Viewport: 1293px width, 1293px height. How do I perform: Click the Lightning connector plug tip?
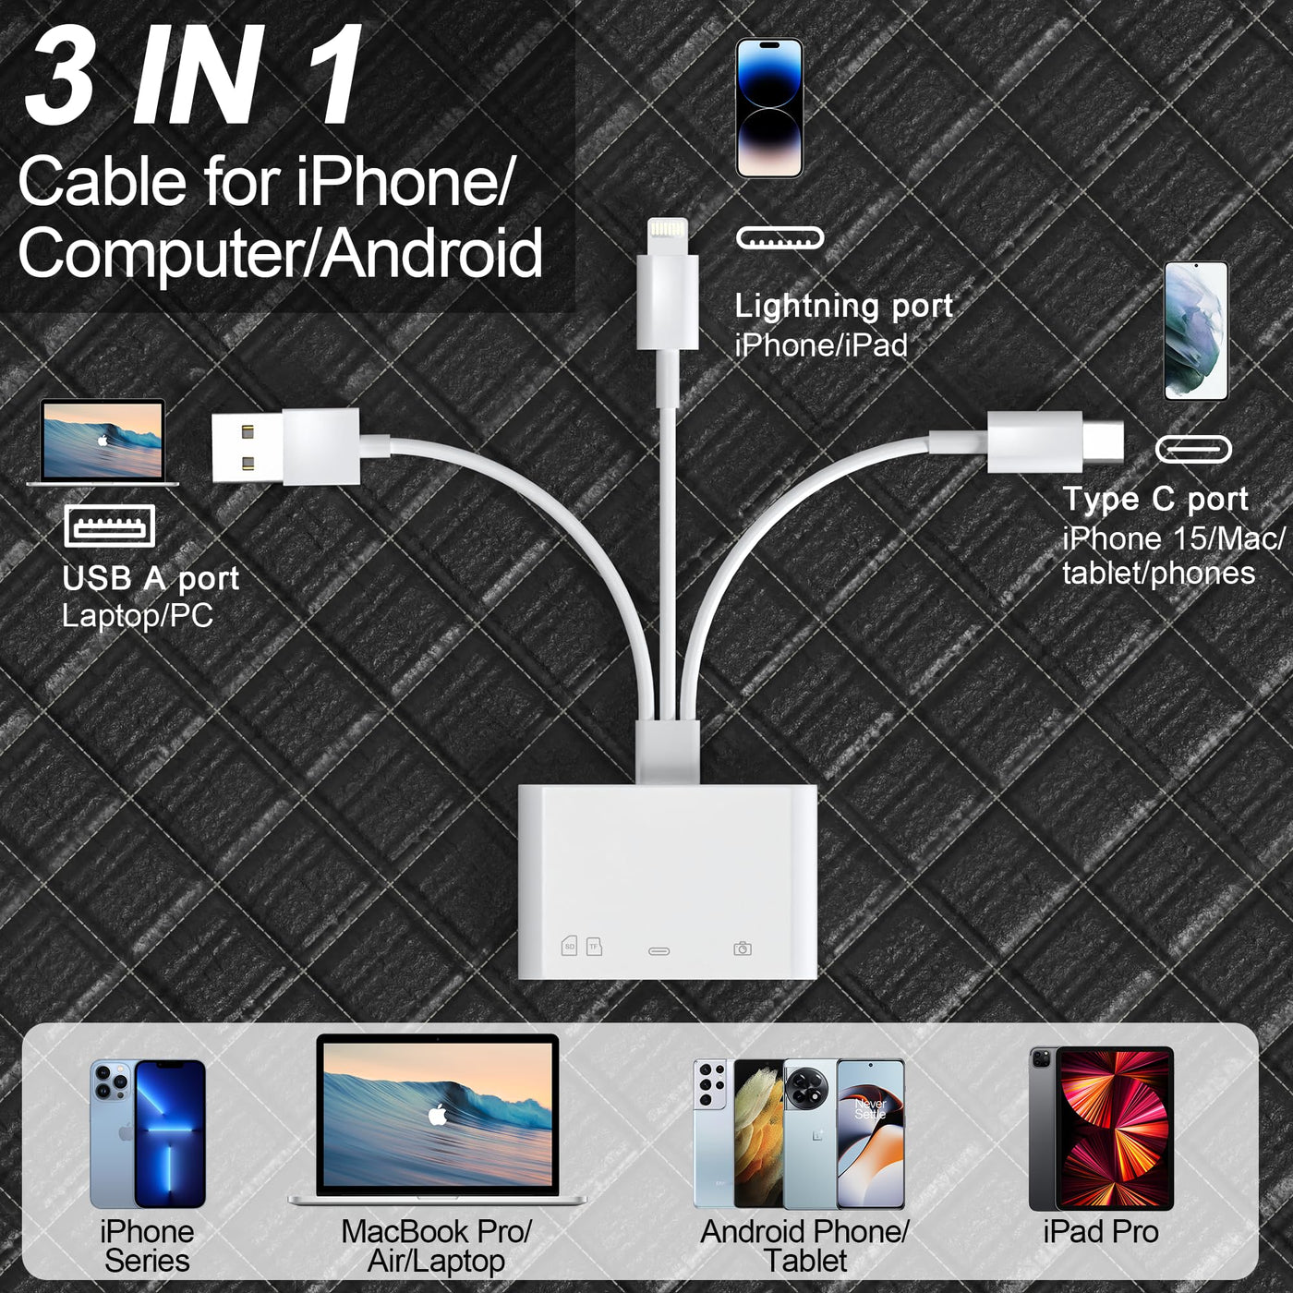(666, 236)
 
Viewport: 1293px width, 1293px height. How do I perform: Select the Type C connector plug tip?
(1103, 441)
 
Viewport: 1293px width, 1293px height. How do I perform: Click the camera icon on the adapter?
(743, 949)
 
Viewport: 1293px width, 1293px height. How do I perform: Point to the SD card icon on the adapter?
(569, 946)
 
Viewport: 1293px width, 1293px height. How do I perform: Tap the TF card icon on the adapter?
(594, 946)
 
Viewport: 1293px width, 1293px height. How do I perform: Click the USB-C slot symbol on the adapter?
(659, 950)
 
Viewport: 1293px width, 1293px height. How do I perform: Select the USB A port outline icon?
(110, 526)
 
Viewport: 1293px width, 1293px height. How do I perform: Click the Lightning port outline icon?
(779, 238)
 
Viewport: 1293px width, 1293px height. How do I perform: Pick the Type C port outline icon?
(1193, 449)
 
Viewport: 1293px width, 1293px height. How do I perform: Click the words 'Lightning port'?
(843, 307)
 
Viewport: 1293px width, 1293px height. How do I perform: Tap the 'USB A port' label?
(151, 578)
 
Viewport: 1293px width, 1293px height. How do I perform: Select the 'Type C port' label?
(1155, 499)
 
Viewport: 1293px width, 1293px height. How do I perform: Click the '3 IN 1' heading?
(193, 75)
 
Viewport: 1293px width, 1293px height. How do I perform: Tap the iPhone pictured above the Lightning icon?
(769, 108)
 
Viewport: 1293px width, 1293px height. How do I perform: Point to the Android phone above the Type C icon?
(1196, 331)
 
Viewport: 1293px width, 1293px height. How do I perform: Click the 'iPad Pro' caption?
(1101, 1231)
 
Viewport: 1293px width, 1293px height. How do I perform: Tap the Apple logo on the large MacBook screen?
(438, 1116)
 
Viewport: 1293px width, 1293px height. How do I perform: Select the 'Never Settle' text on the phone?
(870, 1108)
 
